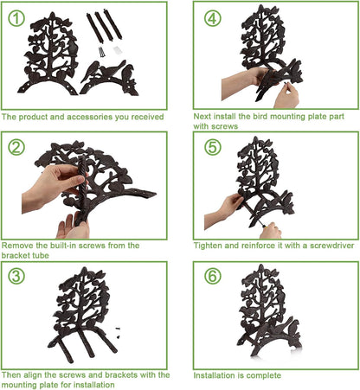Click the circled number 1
[x=16, y=18]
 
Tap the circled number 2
[x=16, y=147]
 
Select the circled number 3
[x=16, y=276]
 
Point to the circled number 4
[x=213, y=18]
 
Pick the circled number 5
[x=213, y=147]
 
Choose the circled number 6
[x=213, y=276]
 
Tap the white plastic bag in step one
[x=116, y=49]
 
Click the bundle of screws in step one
[x=102, y=52]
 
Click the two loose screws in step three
[x=118, y=332]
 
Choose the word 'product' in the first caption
[x=33, y=117]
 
